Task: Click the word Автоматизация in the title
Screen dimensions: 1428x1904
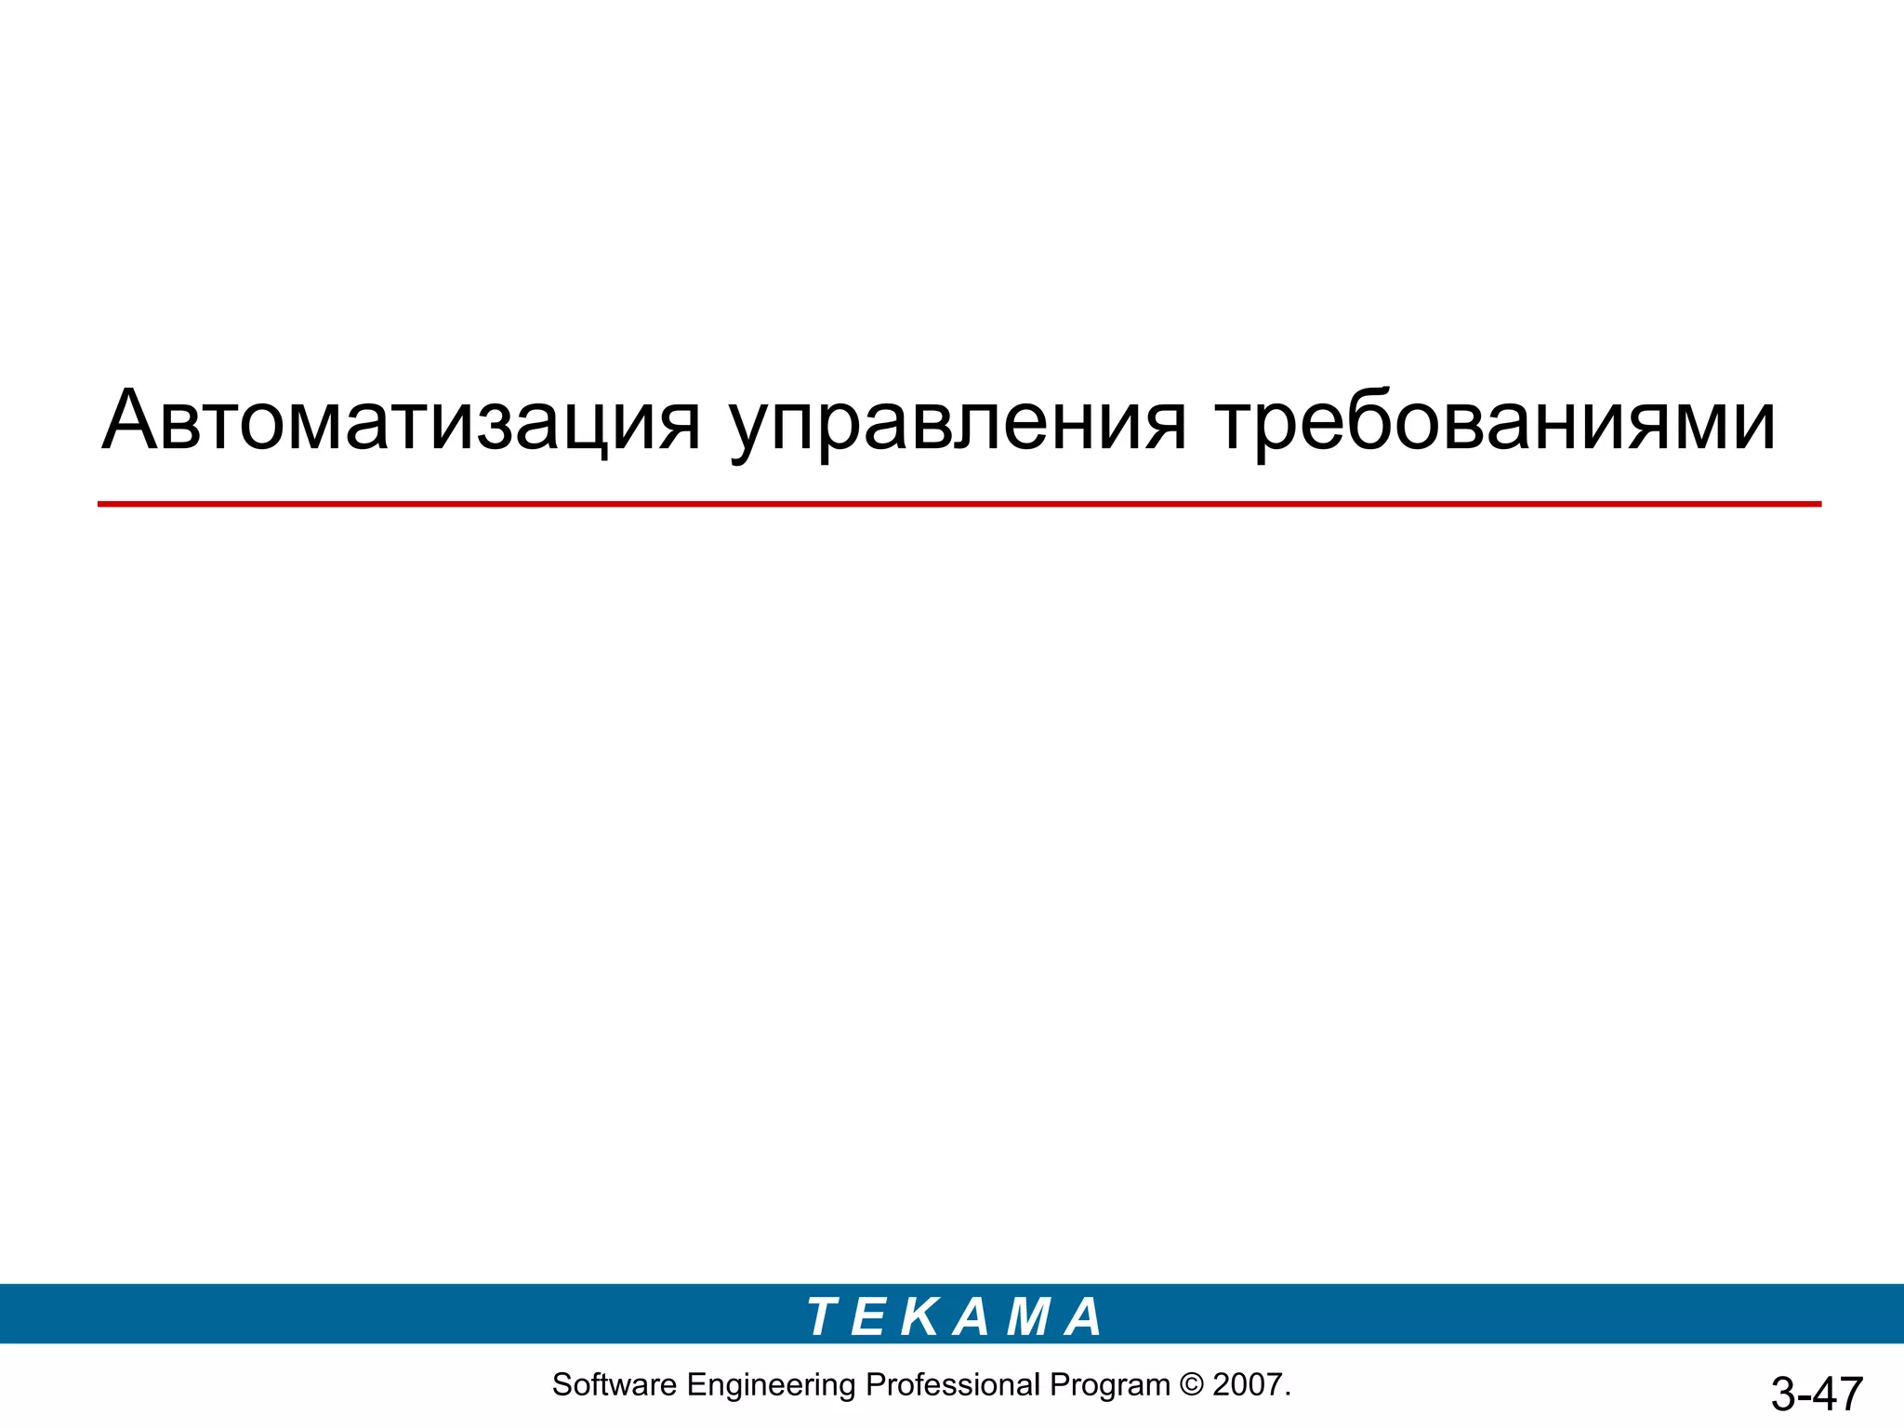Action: pos(400,420)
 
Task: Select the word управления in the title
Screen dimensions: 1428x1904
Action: pos(958,423)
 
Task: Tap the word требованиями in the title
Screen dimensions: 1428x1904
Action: pos(1495,420)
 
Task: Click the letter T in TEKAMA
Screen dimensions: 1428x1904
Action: pos(824,1316)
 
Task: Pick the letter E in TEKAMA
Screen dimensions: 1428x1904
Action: pos(867,1316)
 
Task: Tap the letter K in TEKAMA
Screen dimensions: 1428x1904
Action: pos(920,1316)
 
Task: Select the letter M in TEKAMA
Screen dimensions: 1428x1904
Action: pos(1028,1316)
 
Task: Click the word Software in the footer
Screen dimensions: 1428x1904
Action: pos(615,1385)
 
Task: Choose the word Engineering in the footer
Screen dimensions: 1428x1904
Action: pos(771,1385)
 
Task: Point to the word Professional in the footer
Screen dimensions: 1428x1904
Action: pos(953,1385)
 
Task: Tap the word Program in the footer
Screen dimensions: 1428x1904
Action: pos(1109,1385)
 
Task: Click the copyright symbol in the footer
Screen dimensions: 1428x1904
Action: pos(1191,1385)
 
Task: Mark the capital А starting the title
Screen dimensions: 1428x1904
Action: pos(130,420)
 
